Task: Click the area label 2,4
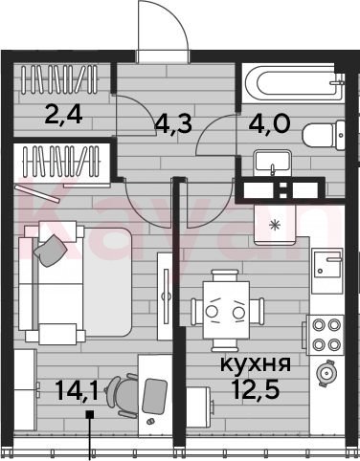tap(64, 115)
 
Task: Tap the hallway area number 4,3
tap(173, 123)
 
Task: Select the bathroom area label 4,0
tap(270, 122)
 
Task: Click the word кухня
tap(256, 363)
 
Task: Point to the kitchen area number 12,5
tap(257, 389)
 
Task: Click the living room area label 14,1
tap(77, 390)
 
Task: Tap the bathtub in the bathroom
tap(293, 83)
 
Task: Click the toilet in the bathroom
tap(324, 136)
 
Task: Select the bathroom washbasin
tap(272, 163)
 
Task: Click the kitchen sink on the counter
tap(327, 263)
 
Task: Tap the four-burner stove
tap(326, 335)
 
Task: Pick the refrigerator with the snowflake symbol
tap(274, 225)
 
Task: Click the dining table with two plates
tap(226, 310)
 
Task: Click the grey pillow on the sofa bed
tap(51, 251)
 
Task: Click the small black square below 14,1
tap(90, 414)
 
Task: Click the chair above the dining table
tap(226, 275)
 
